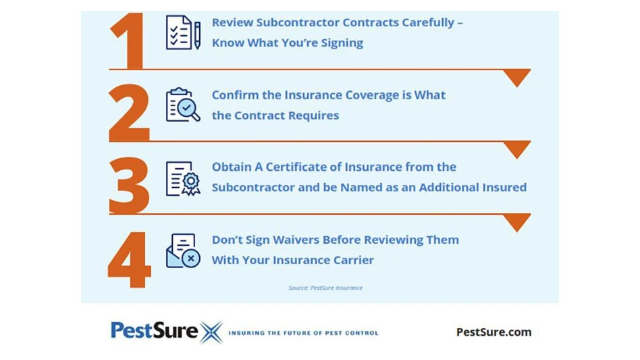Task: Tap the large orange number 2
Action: [129, 113]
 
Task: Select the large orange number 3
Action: [129, 185]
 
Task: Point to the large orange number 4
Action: [130, 259]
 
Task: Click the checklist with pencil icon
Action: [183, 32]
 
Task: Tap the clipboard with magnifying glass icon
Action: [183, 105]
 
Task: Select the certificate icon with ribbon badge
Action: [183, 178]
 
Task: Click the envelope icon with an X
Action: [183, 251]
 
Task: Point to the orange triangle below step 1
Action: [516, 77]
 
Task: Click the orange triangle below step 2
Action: [516, 149]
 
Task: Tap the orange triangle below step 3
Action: [516, 222]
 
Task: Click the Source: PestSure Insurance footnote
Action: [325, 288]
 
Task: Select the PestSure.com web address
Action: [494, 332]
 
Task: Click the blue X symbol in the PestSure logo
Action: [211, 332]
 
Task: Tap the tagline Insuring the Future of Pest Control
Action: [303, 333]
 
